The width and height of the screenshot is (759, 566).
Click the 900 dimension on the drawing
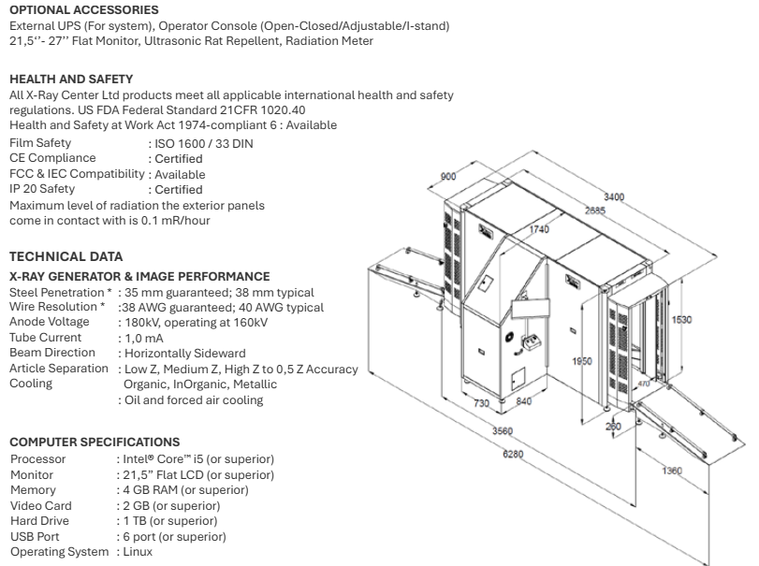coord(448,177)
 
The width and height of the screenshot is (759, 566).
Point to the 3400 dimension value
coord(614,196)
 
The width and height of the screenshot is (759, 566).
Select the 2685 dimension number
coord(595,210)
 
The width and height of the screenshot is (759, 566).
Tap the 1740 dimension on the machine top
coord(539,229)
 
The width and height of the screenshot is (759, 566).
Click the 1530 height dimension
coord(681,320)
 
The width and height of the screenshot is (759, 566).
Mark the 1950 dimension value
coord(582,361)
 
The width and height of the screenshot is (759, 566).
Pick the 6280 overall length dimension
coord(513,455)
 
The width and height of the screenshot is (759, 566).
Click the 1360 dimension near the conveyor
coord(672,471)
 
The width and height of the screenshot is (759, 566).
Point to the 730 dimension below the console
coord(481,403)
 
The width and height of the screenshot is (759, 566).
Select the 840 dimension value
coord(524,401)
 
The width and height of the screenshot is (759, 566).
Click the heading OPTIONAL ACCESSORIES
coord(83,10)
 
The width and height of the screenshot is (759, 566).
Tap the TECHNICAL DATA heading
coord(66,256)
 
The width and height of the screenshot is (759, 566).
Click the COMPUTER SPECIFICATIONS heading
coord(95,443)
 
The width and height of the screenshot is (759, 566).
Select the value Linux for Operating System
coord(138,551)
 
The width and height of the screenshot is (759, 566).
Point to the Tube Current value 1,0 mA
coord(144,338)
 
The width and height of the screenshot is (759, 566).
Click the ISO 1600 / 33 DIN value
coord(203,144)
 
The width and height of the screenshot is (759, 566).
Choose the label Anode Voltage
coord(50,322)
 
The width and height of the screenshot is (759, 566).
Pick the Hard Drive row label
coord(39,521)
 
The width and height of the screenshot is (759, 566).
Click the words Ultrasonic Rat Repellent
coord(212,41)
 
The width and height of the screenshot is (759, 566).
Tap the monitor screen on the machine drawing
coord(531,308)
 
